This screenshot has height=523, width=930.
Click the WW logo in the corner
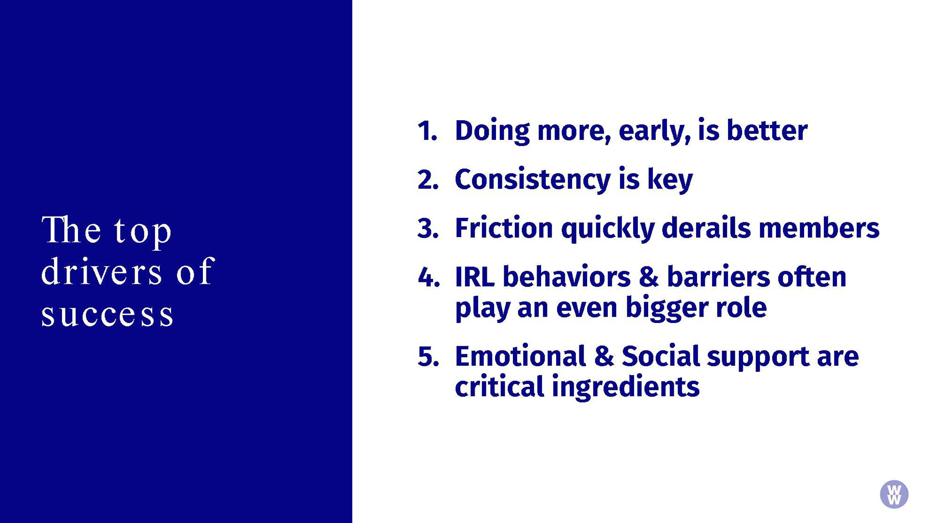coord(894,494)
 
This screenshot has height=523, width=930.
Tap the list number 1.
coord(427,131)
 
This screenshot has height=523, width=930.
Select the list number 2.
coord(428,180)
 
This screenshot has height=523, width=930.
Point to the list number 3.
coord(428,229)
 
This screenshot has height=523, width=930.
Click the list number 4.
coord(429,277)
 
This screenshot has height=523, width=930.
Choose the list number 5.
coord(429,357)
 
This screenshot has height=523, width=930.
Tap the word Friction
coord(504,228)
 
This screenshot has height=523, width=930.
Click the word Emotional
coord(521,356)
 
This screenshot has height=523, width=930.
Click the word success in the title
coord(107,315)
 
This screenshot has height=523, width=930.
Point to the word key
coord(670,180)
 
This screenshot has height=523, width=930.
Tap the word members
coord(819,228)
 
